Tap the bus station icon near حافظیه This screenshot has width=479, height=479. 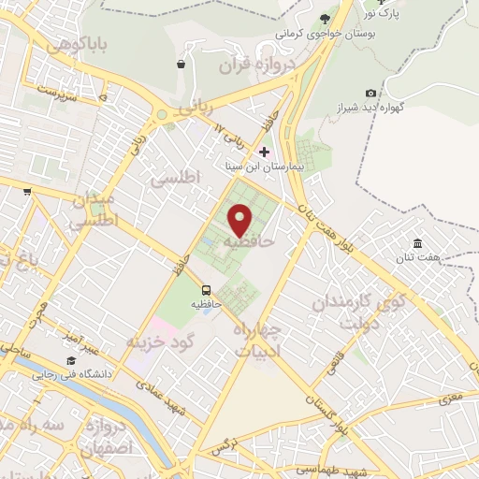[206, 290]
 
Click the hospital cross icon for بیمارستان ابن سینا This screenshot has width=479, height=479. [265, 152]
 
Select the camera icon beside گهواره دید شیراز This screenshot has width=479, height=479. [371, 93]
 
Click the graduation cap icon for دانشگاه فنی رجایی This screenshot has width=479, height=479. [71, 361]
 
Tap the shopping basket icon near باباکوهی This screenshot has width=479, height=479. [180, 65]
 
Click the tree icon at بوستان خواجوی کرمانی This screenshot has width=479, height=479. [325, 18]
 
